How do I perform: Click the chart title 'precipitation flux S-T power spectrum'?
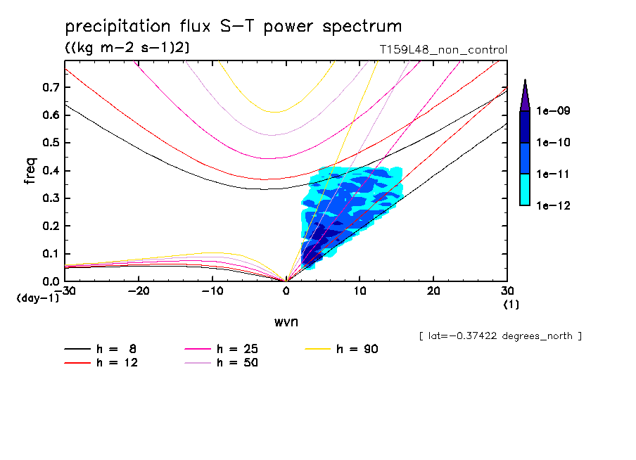pyautogui.click(x=234, y=27)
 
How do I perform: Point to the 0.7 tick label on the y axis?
pyautogui.click(x=50, y=87)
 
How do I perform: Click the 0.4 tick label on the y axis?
pyautogui.click(x=50, y=171)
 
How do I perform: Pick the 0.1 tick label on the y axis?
pyautogui.click(x=50, y=254)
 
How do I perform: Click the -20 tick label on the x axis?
pyautogui.click(x=138, y=291)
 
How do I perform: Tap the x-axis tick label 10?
pyautogui.click(x=360, y=291)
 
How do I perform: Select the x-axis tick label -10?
pyautogui.click(x=212, y=291)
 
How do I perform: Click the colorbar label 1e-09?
pyautogui.click(x=554, y=111)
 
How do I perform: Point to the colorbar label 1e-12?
pyautogui.click(x=554, y=205)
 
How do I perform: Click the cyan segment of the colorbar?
pyautogui.click(x=525, y=189)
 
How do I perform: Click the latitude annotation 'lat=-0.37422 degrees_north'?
pyautogui.click(x=500, y=336)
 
